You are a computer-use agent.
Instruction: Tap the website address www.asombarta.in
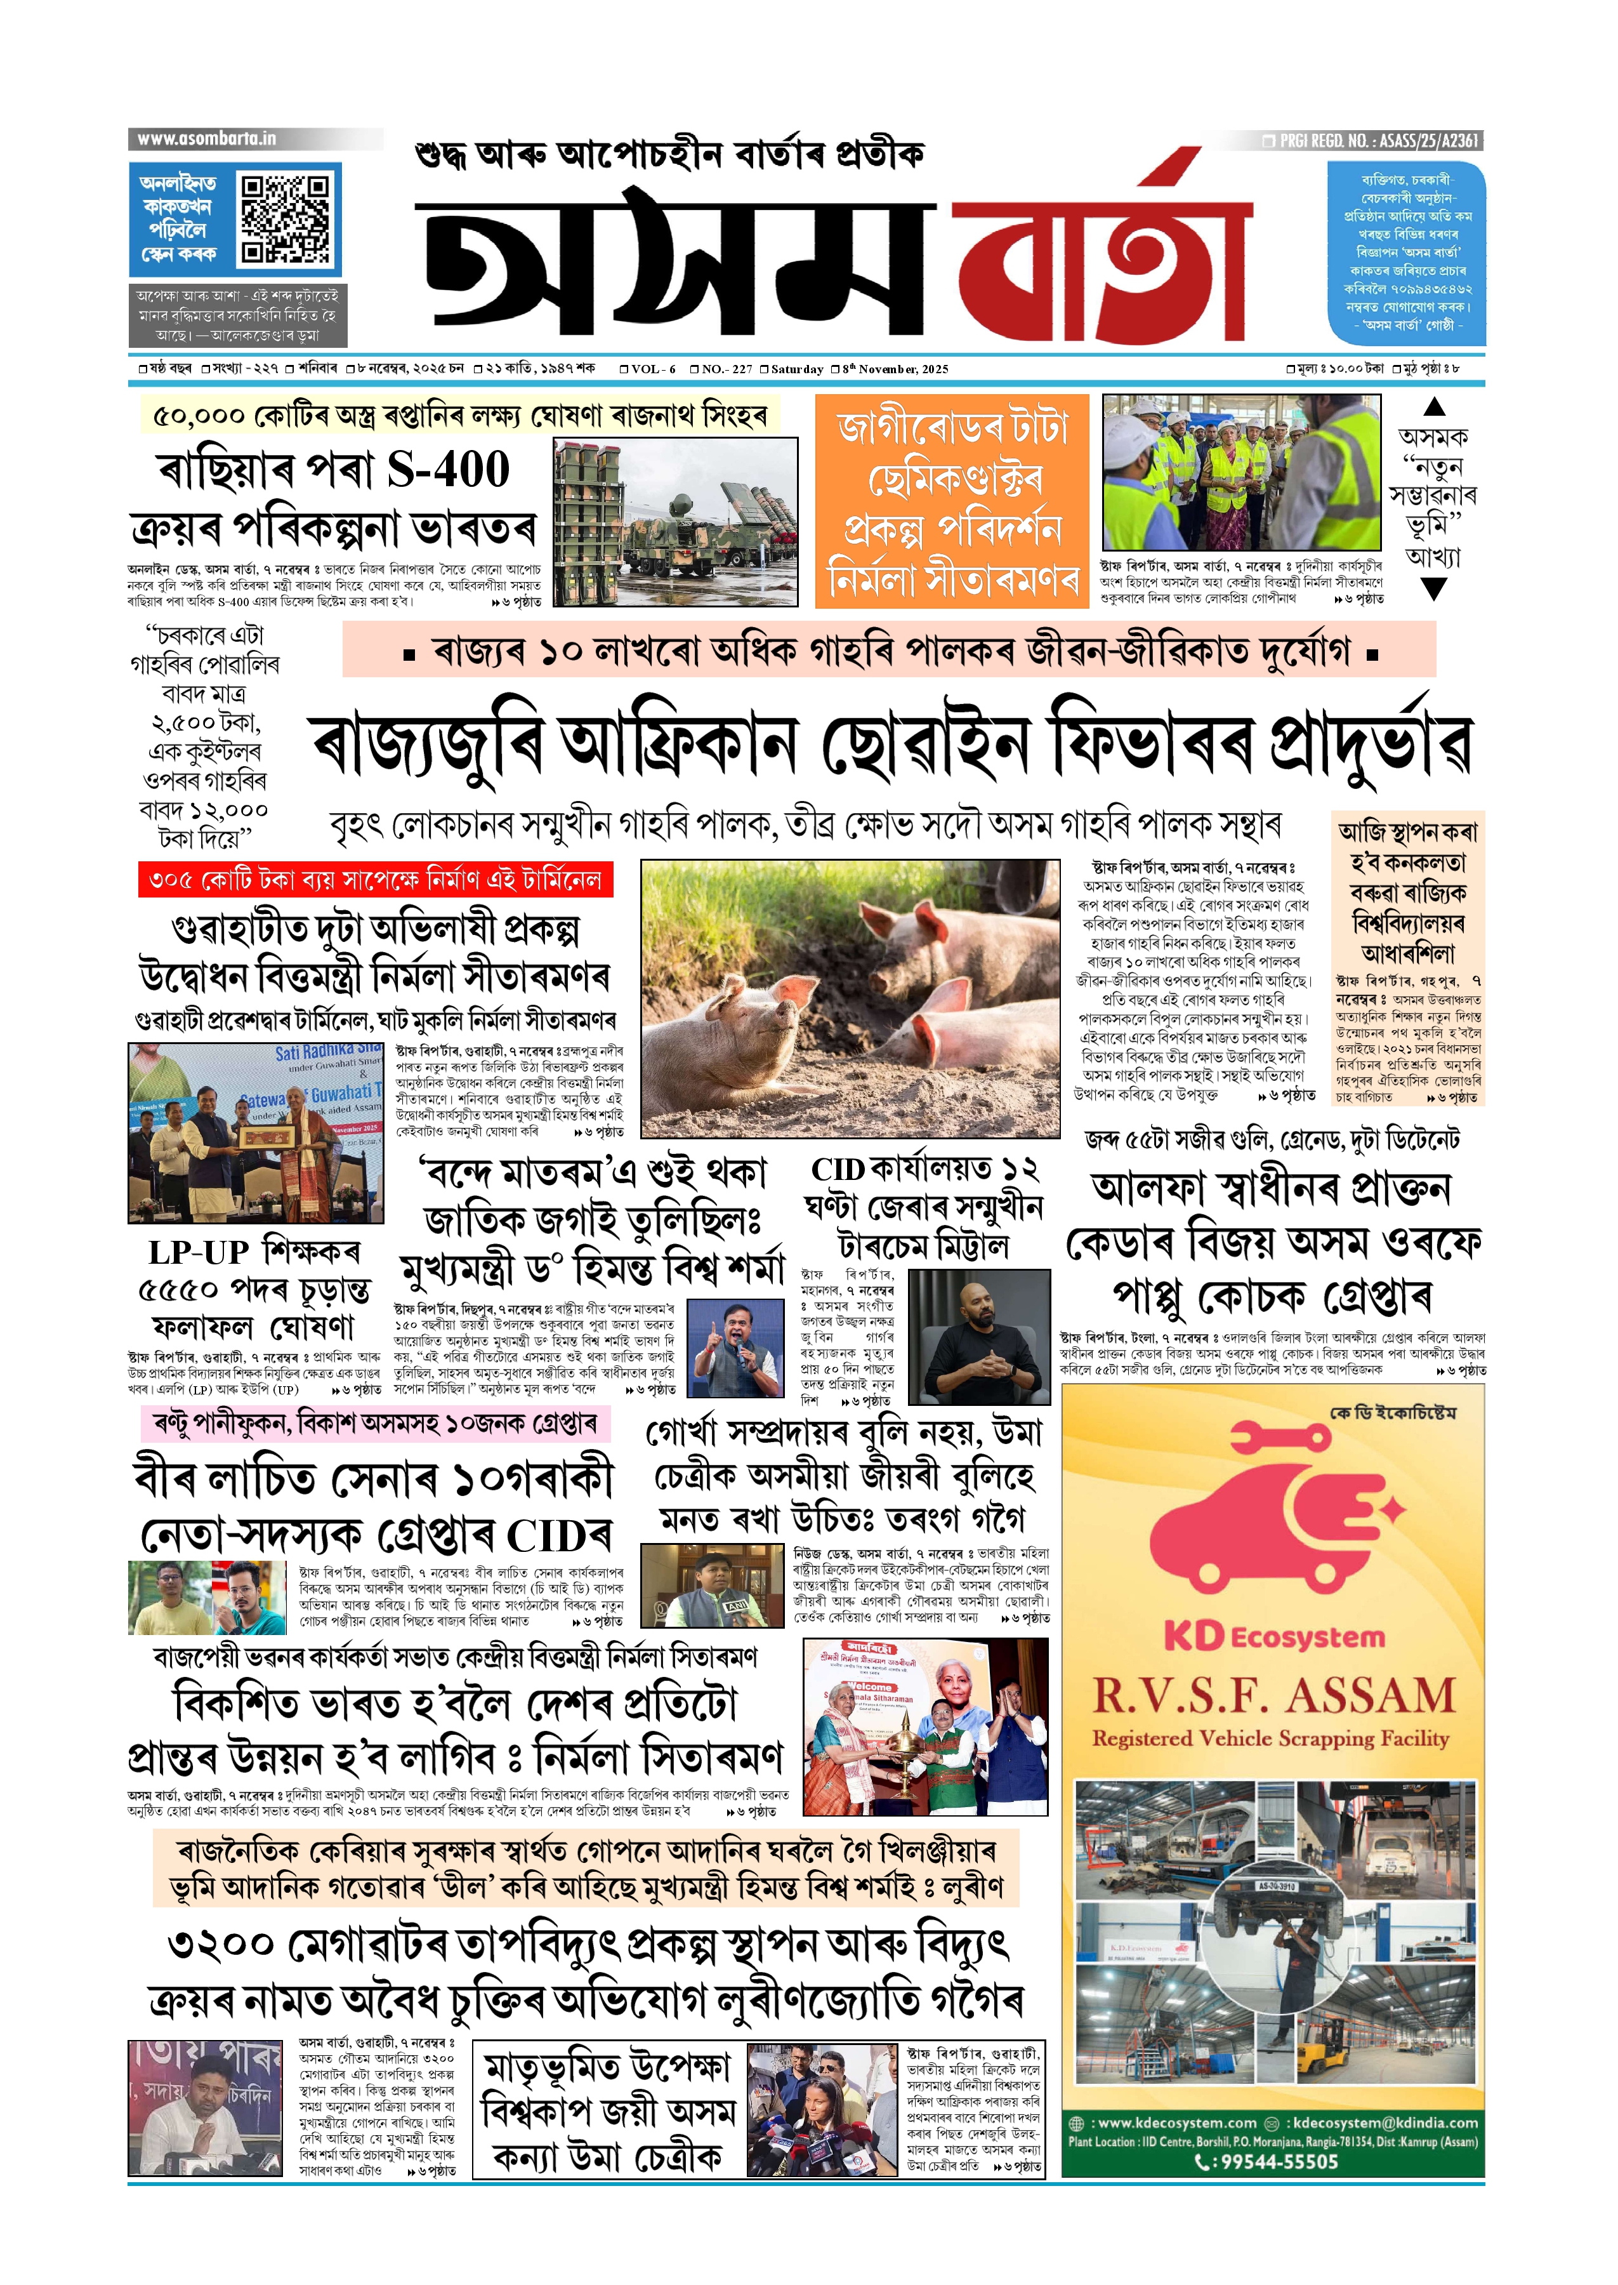[206, 138]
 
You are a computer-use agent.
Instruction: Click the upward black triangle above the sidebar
[1434, 407]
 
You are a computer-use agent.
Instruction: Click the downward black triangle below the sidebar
[1434, 590]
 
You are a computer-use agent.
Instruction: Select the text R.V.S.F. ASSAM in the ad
[1273, 1696]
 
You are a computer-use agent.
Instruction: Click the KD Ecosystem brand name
[1273, 1636]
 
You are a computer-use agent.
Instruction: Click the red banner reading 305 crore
[374, 880]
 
